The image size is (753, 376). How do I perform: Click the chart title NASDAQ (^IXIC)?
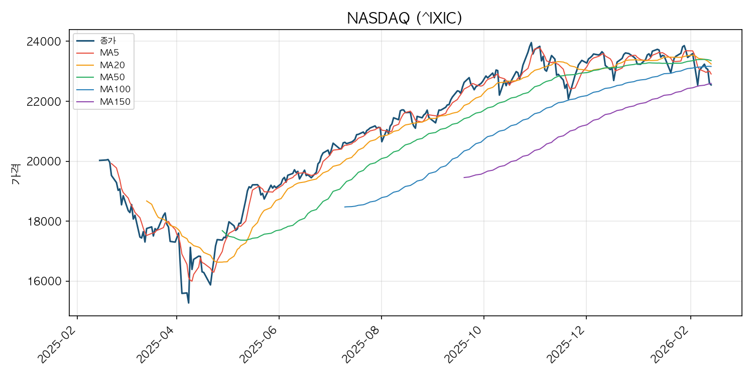[x=404, y=19]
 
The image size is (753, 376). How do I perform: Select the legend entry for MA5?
[x=109, y=53]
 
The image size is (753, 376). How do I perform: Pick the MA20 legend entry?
[x=112, y=65]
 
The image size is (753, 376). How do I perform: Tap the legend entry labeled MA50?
[x=112, y=77]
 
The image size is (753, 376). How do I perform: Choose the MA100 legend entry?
[x=115, y=89]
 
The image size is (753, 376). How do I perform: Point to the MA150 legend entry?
[x=115, y=102]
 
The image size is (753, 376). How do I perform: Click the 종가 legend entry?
[x=108, y=41]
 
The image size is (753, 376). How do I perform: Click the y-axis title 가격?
[x=15, y=173]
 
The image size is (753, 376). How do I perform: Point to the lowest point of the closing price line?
[x=188, y=303]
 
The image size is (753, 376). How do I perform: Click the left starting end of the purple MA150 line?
[x=464, y=177]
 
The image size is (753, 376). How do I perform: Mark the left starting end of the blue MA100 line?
[x=345, y=207]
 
